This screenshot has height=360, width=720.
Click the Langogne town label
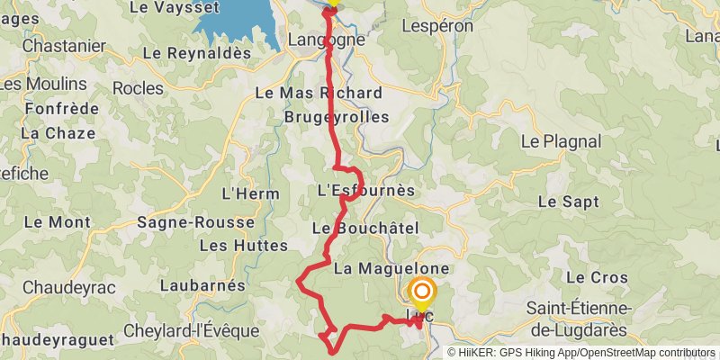[325, 40]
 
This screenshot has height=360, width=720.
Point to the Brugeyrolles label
[337, 117]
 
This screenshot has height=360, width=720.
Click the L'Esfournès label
[366, 191]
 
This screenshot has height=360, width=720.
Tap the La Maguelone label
[391, 268]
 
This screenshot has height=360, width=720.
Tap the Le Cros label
[597, 277]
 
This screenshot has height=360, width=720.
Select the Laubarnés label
[202, 285]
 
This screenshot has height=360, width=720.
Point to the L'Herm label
[244, 193]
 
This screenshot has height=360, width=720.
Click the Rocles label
[139, 88]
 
